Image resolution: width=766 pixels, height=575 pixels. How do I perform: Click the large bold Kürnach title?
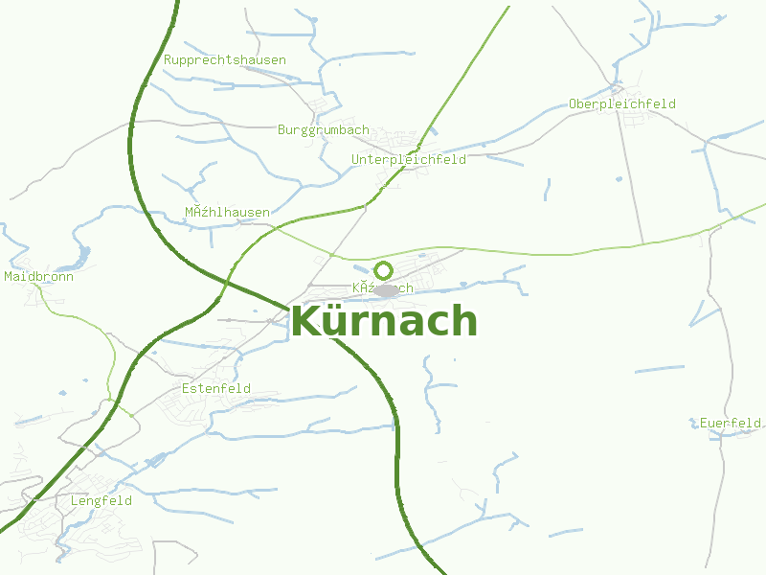[383, 321]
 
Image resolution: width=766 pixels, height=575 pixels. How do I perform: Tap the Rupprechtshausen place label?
[225, 59]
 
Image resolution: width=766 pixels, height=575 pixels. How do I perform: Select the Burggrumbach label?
[324, 129]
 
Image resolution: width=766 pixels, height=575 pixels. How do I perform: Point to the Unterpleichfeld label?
[409, 159]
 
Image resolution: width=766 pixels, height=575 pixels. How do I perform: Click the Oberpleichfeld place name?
[622, 103]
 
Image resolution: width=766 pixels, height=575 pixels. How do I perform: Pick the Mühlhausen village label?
[227, 212]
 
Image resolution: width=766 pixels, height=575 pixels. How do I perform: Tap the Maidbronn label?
[38, 276]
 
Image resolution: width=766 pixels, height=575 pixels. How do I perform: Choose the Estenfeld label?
[216, 388]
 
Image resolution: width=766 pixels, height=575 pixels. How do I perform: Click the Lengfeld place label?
[101, 500]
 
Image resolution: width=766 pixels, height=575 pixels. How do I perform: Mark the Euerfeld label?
[731, 423]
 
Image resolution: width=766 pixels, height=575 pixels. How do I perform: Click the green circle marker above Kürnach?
[384, 270]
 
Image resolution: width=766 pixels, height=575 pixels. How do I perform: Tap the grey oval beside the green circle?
[386, 289]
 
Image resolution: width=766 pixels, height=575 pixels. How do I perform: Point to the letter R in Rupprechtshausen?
[168, 59]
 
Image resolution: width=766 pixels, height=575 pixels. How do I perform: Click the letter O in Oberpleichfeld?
[573, 103]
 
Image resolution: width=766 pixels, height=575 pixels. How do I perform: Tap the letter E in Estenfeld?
[186, 388]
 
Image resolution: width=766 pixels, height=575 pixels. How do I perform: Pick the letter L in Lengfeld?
[75, 500]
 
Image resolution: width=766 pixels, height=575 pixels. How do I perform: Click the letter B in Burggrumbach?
[282, 129]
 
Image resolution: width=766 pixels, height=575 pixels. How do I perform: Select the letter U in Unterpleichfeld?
[355, 159]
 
